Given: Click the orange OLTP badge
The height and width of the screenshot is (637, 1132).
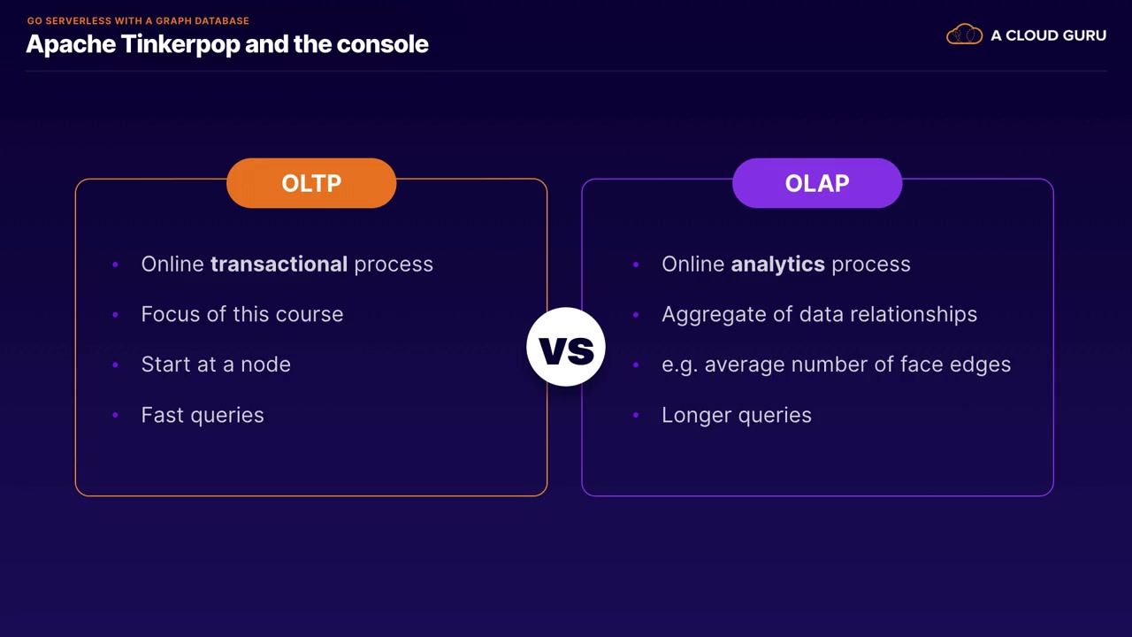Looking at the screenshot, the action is coord(311,183).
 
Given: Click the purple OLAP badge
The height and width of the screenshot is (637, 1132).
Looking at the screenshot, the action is coord(817,183).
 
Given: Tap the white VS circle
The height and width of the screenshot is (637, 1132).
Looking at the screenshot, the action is coord(566,347).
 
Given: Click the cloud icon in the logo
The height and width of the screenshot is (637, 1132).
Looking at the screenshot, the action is coord(964,35).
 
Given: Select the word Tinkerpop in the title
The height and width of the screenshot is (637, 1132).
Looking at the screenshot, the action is coord(180,44).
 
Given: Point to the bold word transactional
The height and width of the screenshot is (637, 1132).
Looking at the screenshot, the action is coord(279,264).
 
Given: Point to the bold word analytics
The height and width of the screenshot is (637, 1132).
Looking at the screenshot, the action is coord(777,265).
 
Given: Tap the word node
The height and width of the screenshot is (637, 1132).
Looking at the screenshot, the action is coord(265,364).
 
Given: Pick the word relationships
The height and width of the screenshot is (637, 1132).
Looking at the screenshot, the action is coord(914,314).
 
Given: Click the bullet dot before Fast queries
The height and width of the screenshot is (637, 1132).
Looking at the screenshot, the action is coord(116,415).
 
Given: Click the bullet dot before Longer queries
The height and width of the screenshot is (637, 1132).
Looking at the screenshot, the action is coord(636,415).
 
